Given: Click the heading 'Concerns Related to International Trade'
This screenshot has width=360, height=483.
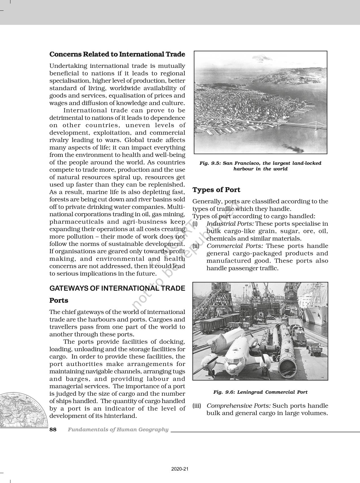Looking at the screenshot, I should click(117, 54).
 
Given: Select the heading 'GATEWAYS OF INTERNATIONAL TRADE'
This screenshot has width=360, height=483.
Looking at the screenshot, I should click(117, 288).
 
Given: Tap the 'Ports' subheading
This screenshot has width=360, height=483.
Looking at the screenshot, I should click(59, 300).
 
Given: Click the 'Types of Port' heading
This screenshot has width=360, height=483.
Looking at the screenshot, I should click(216, 190).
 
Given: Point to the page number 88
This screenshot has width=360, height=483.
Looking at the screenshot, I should click(53, 430).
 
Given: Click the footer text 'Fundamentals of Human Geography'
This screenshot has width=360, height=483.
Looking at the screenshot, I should click(118, 430).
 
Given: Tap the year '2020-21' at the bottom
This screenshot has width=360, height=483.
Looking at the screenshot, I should click(180, 469).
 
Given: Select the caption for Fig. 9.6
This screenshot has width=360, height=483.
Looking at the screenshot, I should click(260, 392).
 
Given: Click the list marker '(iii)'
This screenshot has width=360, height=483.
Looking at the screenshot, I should click(197, 406).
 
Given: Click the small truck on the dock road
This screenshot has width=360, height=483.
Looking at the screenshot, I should click(315, 350).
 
